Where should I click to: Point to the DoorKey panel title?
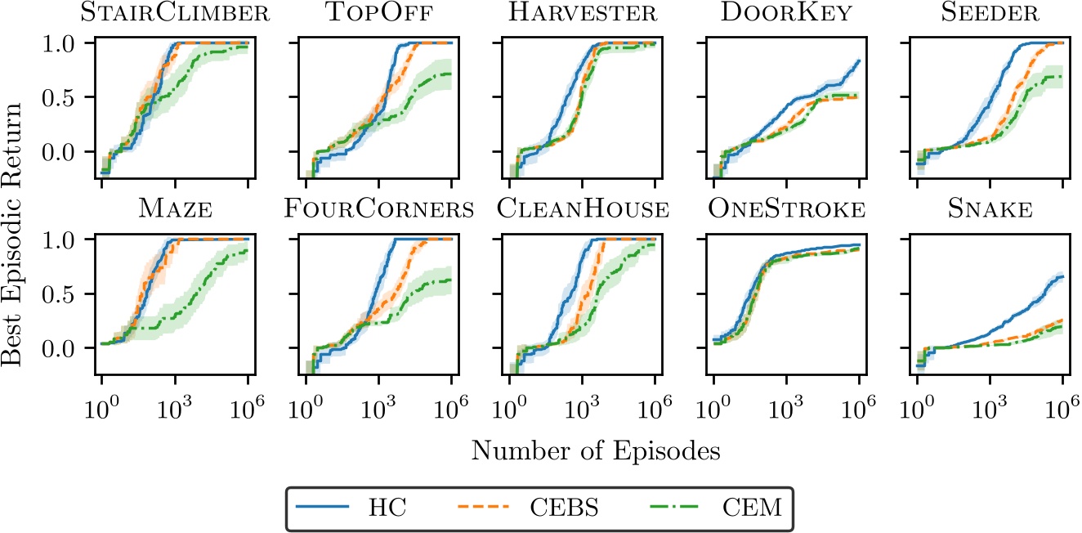point(786,14)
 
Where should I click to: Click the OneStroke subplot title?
point(786,210)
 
